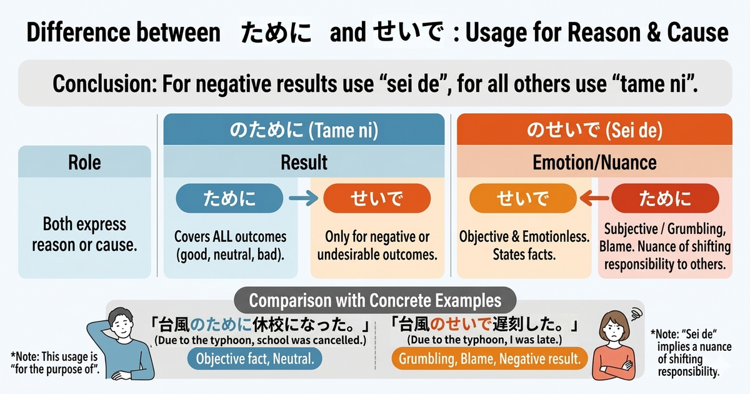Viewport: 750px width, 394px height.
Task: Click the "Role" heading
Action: click(84, 163)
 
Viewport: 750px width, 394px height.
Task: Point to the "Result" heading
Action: click(304, 163)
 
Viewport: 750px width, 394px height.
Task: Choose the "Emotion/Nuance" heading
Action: click(594, 163)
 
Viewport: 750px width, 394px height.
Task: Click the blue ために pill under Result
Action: click(230, 199)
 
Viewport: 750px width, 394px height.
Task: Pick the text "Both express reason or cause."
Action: click(84, 235)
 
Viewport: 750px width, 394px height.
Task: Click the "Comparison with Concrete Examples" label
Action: click(375, 300)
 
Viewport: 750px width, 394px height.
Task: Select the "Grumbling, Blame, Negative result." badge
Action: click(489, 358)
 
